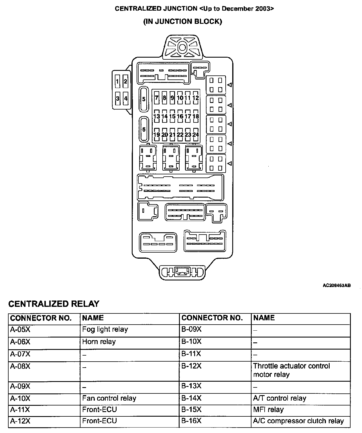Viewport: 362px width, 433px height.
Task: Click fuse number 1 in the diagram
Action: (117, 81)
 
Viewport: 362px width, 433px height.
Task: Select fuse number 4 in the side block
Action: (125, 98)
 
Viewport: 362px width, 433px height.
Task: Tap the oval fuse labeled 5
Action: (144, 99)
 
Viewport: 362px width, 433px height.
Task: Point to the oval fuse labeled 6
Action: (144, 129)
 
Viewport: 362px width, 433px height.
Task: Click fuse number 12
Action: (196, 98)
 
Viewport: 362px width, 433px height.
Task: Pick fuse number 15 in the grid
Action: (172, 116)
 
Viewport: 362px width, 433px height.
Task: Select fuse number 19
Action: (156, 134)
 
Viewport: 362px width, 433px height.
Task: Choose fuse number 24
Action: (196, 134)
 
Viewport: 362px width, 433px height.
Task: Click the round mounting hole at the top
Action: (182, 47)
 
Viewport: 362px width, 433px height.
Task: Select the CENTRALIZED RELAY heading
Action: (54, 304)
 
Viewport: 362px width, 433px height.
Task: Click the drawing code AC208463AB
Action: (337, 286)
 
